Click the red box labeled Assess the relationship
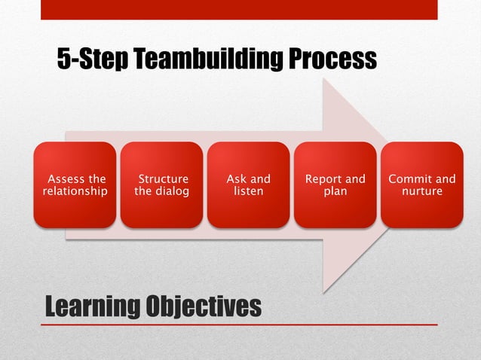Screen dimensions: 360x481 (x=75, y=185)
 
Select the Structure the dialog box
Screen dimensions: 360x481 (x=161, y=185)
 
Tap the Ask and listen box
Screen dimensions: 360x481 (x=248, y=185)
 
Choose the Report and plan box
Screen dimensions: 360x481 (x=335, y=185)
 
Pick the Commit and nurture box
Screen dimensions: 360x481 (x=421, y=185)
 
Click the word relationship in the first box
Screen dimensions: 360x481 (x=75, y=191)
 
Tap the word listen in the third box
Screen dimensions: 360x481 (x=248, y=191)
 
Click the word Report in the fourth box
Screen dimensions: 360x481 (x=323, y=179)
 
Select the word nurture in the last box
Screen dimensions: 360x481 (x=421, y=191)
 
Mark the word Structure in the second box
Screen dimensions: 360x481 (x=163, y=179)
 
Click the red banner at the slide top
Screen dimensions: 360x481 (x=239, y=9)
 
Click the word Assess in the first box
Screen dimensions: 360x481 (x=65, y=179)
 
